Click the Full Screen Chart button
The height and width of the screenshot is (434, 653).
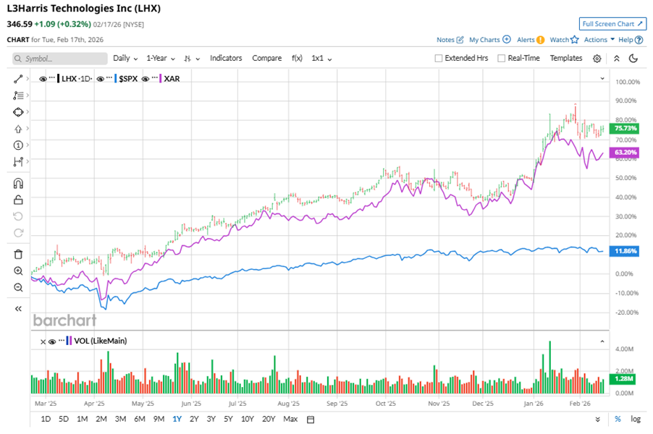click(x=612, y=24)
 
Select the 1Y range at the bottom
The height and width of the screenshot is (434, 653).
click(x=177, y=419)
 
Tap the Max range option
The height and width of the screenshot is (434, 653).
click(x=290, y=419)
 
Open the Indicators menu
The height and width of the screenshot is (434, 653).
click(x=226, y=58)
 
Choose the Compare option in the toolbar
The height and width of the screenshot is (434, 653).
click(x=266, y=58)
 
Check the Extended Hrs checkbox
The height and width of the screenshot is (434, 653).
click(x=439, y=59)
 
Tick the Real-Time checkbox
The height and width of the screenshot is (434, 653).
click(x=502, y=59)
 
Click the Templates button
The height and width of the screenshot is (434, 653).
click(x=565, y=58)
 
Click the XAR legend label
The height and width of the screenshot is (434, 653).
click(x=172, y=78)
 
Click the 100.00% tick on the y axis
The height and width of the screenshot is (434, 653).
click(x=626, y=82)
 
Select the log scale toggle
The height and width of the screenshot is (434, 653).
click(x=636, y=419)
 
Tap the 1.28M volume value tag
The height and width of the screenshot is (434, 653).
click(x=624, y=378)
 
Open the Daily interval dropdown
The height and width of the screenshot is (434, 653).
click(x=125, y=58)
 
